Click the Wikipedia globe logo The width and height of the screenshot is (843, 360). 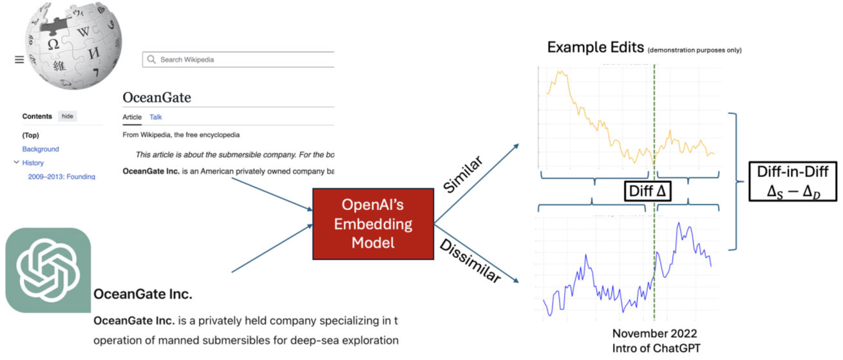74,45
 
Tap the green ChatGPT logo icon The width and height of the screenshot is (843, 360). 48,270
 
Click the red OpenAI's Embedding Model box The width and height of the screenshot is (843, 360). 373,224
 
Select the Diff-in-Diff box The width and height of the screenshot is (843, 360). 793,182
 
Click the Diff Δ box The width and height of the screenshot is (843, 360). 647,191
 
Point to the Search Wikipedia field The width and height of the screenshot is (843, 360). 238,59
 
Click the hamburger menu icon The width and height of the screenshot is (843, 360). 19,60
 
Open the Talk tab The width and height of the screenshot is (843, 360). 155,117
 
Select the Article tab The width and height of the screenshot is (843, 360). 132,117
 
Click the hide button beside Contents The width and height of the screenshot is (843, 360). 68,116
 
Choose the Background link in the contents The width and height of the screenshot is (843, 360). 41,149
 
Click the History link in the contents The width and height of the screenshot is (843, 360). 33,163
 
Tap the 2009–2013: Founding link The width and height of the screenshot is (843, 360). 61,177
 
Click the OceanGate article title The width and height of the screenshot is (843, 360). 156,97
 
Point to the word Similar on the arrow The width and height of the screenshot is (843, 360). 462,174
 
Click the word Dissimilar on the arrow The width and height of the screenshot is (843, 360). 470,261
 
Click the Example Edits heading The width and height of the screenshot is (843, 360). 595,48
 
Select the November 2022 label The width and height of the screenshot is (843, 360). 654,334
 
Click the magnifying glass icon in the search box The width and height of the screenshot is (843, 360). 151,59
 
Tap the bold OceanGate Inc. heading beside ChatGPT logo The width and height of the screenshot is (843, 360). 142,294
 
